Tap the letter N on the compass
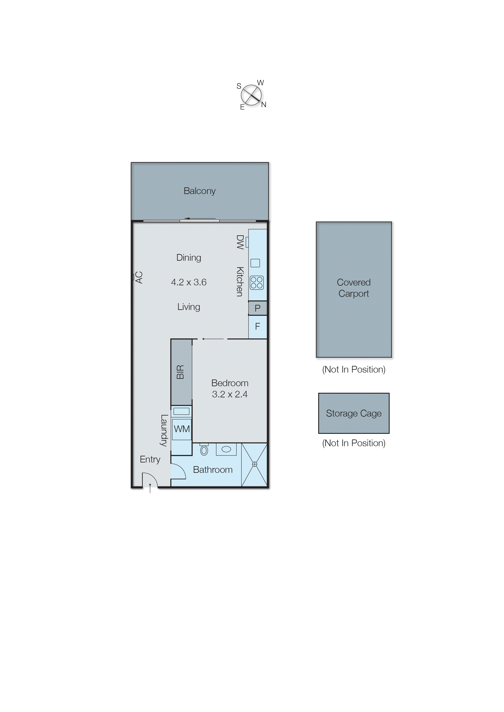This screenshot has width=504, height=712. click(x=264, y=105)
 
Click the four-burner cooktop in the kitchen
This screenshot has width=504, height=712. click(x=257, y=282)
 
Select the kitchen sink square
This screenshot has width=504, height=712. click(x=255, y=263)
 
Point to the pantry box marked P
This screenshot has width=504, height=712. click(x=257, y=308)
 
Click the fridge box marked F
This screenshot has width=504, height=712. click(x=257, y=326)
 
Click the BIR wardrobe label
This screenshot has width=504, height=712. click(x=180, y=372)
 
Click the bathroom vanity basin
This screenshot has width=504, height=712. click(x=226, y=449)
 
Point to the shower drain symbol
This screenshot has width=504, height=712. click(x=254, y=464)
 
